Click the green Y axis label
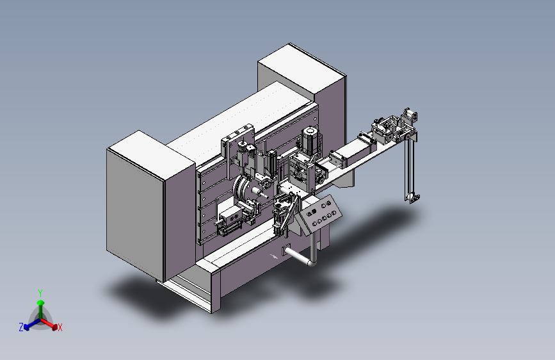point(40,293)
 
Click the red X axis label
point(60,328)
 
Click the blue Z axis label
point(21,327)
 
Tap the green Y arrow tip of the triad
point(41,302)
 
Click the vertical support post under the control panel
point(314,246)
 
